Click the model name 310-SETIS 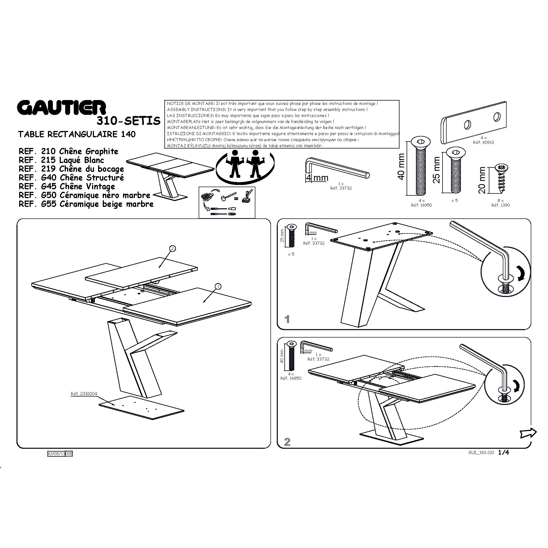point(129,121)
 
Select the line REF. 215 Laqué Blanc point(61,160)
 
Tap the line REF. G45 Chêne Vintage point(67,186)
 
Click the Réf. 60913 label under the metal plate point(483,142)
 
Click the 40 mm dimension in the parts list point(401,167)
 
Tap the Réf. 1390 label point(501,205)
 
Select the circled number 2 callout point(172,249)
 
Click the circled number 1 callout point(218,287)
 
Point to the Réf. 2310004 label point(84,394)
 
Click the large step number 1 point(287,319)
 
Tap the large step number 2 point(287,442)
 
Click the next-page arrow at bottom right point(528,433)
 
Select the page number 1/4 point(503,452)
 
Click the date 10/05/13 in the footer point(56,454)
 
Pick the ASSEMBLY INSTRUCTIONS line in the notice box point(267,110)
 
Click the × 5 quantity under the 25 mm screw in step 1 point(291,254)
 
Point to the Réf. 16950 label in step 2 point(291,378)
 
